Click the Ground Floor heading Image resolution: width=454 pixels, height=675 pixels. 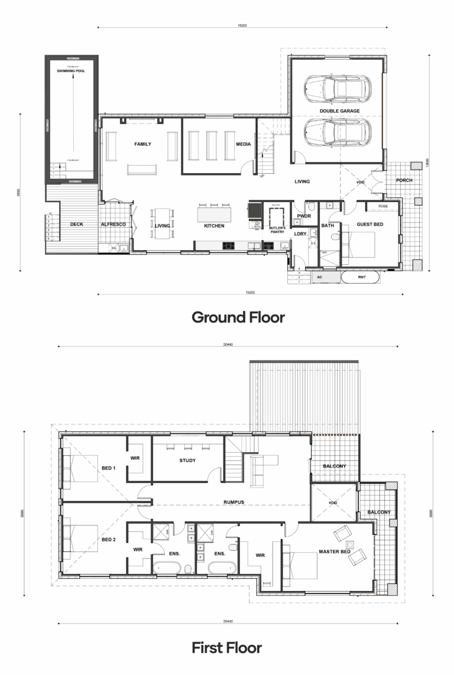238,317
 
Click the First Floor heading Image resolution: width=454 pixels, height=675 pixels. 226,648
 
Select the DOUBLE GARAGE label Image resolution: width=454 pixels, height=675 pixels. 337,111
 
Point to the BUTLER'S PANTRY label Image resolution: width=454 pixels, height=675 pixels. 277,230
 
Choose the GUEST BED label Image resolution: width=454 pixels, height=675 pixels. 370,225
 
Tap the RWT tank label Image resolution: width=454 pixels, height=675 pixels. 361,277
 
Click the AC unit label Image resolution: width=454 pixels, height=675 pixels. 319,277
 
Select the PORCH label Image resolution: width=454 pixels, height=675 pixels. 404,180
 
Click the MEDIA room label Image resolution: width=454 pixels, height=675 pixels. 244,144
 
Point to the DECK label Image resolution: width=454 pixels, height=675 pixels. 76,225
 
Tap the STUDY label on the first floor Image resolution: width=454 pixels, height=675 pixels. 187,460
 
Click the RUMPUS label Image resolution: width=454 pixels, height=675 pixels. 234,502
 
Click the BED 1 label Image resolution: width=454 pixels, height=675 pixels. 109,468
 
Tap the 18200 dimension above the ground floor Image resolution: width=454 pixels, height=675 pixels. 242,26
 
